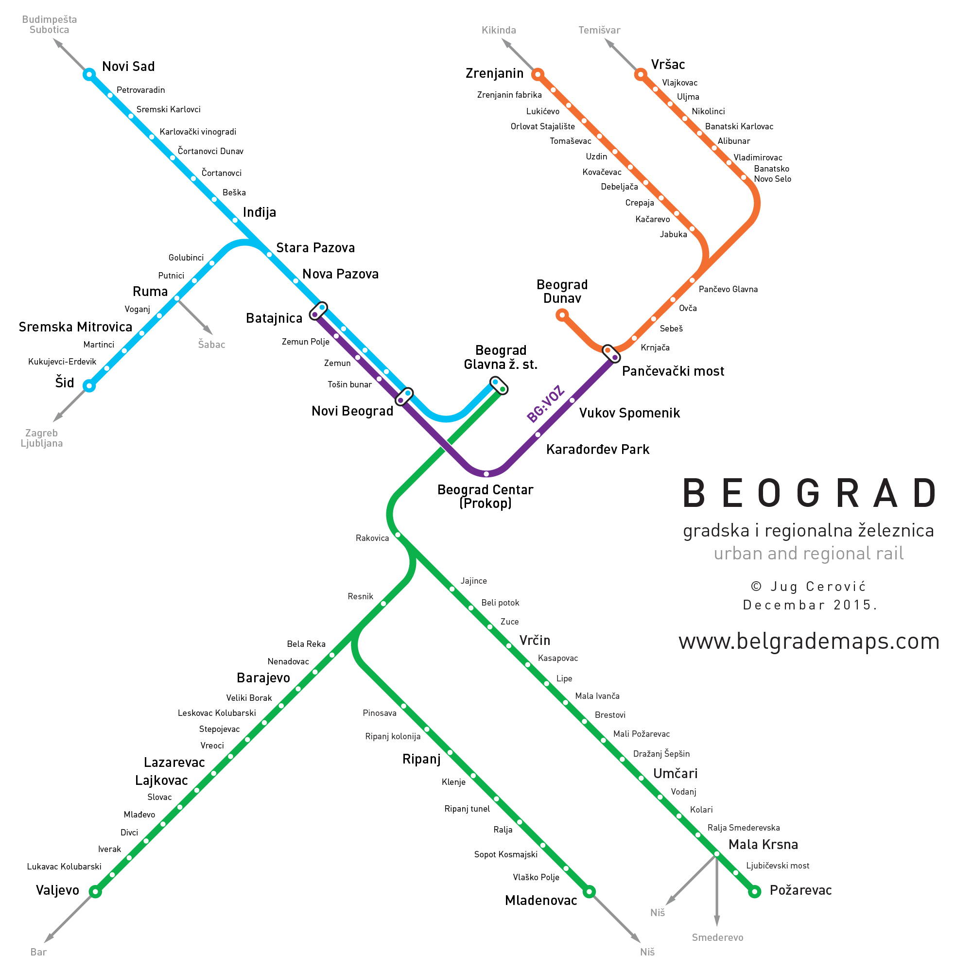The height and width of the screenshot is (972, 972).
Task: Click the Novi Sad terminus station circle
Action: click(x=89, y=74)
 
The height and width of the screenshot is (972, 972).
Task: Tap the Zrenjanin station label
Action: click(x=494, y=73)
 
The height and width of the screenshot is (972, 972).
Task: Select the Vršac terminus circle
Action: click(x=640, y=74)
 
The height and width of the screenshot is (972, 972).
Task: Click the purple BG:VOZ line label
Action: click(x=545, y=403)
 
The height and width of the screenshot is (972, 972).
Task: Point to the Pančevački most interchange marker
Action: click(x=611, y=354)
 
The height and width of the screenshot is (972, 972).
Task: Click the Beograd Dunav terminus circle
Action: click(x=562, y=315)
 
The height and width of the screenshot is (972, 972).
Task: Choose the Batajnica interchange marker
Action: click(x=318, y=311)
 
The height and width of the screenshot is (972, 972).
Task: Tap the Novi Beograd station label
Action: click(x=352, y=411)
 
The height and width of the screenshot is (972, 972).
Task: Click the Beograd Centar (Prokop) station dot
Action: click(x=486, y=473)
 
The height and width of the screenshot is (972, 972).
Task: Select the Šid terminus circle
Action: click(x=89, y=386)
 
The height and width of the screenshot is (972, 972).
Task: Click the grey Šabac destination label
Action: click(x=211, y=345)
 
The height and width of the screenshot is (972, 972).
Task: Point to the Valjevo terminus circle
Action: click(x=95, y=891)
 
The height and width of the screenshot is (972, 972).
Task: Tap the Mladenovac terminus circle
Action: click(x=589, y=891)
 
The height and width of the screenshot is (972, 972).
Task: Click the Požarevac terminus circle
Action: click(x=754, y=892)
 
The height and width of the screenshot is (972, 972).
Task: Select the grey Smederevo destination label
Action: click(x=717, y=937)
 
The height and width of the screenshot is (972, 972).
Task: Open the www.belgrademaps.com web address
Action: click(x=809, y=642)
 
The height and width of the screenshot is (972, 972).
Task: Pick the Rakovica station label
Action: click(x=372, y=538)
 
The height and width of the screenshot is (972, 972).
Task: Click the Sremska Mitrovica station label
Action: click(x=75, y=327)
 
